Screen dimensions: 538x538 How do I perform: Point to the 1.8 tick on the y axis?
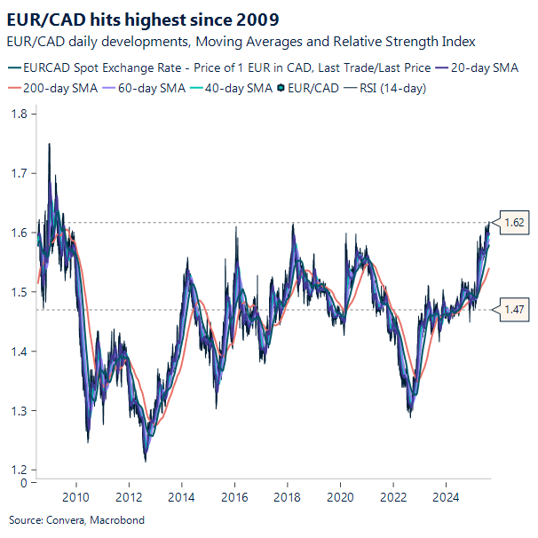pyautogui.click(x=18, y=114)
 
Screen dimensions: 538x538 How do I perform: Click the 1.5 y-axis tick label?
pyautogui.click(x=18, y=292)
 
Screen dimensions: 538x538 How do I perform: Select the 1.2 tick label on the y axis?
pyautogui.click(x=18, y=470)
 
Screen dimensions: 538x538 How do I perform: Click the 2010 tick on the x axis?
pyautogui.click(x=76, y=497)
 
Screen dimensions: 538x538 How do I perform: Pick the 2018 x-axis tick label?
pyautogui.click(x=287, y=497)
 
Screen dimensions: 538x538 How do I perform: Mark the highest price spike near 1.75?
pyautogui.click(x=49, y=144)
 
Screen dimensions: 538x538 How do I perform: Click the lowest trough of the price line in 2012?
pyautogui.click(x=145, y=459)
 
